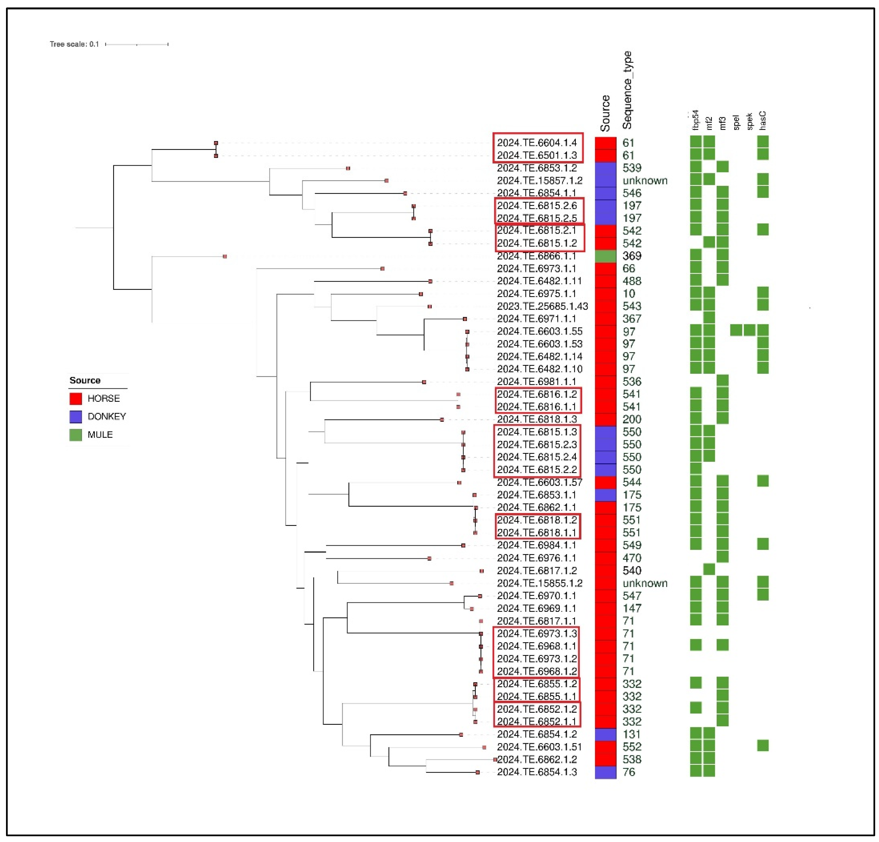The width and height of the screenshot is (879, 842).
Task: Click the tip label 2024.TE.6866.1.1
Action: click(x=536, y=256)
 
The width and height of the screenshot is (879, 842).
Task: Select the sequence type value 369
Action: click(x=632, y=256)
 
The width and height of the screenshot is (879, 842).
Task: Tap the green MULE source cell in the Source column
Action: click(x=605, y=256)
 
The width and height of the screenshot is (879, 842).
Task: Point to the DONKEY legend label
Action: click(x=107, y=416)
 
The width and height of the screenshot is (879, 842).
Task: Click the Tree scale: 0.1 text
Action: click(x=74, y=44)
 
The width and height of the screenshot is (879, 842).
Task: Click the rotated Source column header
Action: click(x=605, y=113)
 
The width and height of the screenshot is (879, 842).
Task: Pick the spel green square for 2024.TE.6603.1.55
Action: click(x=736, y=330)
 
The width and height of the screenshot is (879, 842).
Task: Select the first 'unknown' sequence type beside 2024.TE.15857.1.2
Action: click(x=645, y=181)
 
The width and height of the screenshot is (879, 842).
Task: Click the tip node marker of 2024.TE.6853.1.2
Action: click(x=348, y=168)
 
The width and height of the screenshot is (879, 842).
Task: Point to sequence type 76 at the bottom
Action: click(x=628, y=772)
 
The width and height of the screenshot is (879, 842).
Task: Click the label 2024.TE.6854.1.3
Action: click(x=536, y=772)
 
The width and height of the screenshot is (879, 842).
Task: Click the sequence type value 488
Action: click(x=632, y=281)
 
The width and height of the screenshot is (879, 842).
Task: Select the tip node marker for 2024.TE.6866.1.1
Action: click(x=225, y=257)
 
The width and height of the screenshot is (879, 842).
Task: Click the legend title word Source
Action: click(x=85, y=380)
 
